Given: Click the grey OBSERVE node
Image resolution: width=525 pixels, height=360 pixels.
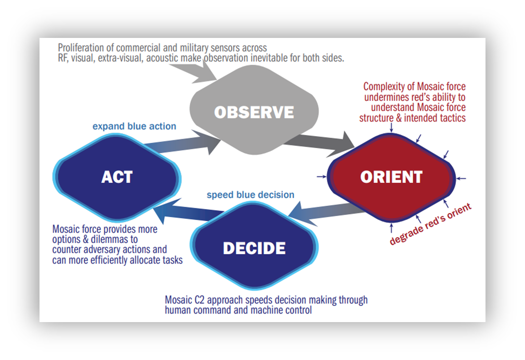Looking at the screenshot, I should pos(254,112).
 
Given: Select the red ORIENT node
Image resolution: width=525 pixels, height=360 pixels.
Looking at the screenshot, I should pos(391,177).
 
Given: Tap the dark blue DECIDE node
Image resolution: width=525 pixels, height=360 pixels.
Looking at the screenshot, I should pos(254,248).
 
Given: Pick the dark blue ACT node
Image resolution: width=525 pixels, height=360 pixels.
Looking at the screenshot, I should pos(117,177).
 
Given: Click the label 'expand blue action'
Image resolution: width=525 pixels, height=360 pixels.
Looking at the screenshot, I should pos(134,126).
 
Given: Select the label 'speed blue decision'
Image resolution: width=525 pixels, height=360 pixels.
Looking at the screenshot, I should pos(251,195).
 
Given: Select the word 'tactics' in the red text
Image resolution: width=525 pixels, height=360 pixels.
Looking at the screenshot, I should pos(451,118).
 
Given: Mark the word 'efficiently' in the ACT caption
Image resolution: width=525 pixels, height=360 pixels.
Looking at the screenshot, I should pos(107,260).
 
